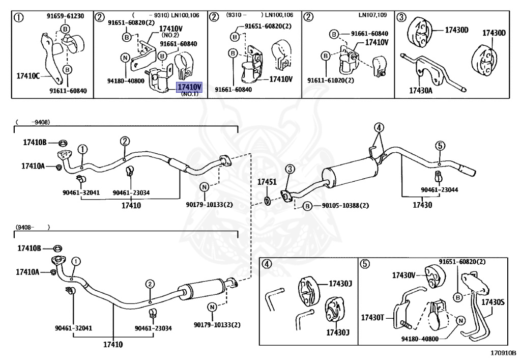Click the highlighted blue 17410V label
[x=189, y=88]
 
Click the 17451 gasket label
[x=266, y=182]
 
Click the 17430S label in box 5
[x=493, y=302]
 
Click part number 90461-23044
[x=439, y=189]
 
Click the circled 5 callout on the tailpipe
[x=440, y=146]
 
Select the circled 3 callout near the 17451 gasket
[x=289, y=169]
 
